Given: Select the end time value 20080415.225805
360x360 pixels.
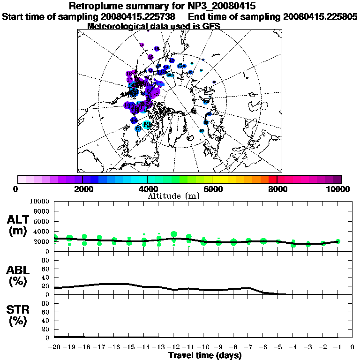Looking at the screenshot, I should point(320,16).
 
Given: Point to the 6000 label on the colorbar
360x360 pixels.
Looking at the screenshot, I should point(212,189).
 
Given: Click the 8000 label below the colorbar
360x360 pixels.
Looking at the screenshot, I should point(277,189).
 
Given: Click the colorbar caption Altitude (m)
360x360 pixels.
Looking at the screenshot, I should point(174,195).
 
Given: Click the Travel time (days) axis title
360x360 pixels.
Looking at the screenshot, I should point(205,356).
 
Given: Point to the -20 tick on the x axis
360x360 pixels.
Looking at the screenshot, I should point(54,347).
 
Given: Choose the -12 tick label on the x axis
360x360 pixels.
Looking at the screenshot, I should point(173,347).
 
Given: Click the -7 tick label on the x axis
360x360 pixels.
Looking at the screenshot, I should point(248,347).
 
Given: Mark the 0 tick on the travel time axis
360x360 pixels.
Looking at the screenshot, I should point(352,347).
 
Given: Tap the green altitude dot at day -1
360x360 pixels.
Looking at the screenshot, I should point(338,241).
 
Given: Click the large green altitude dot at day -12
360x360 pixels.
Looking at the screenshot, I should point(174,234).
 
